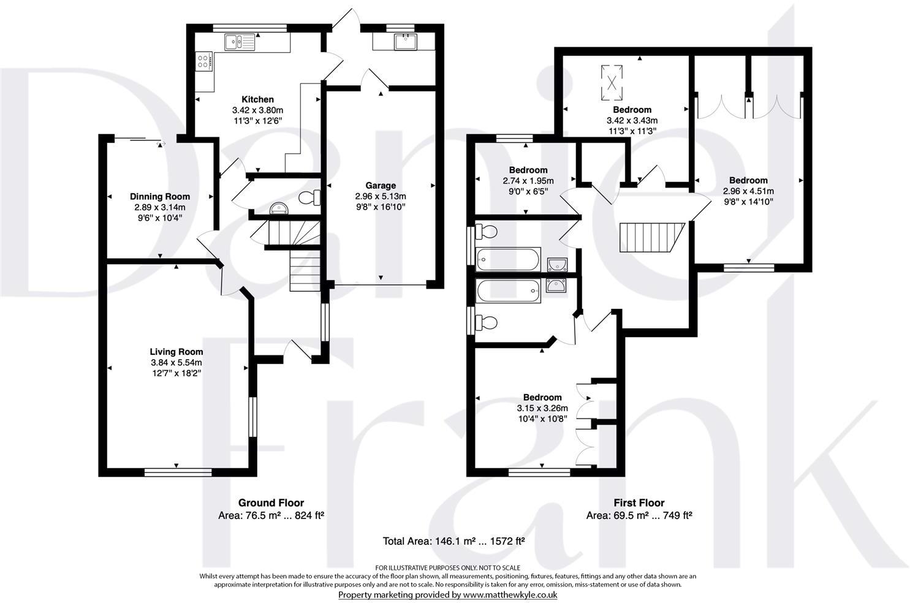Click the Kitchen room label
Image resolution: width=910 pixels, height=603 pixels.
pos(257,99)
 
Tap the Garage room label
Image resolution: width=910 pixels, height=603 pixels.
pos(381,186)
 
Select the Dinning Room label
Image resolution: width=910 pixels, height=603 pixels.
pos(160,197)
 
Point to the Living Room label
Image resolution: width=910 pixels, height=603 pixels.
pos(176,352)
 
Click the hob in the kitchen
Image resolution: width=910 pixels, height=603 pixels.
pos(203,61)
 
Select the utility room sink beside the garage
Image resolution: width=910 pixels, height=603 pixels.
pos(405,42)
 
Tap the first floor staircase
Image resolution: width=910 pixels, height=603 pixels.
pos(650,238)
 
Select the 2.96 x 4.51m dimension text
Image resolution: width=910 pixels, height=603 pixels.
pos(748,191)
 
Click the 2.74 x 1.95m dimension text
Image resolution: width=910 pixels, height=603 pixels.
pos(528,181)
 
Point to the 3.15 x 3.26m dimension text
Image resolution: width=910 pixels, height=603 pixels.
pos(542,408)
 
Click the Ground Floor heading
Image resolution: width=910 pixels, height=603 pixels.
pos(271,503)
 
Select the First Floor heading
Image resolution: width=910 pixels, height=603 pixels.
pos(639,503)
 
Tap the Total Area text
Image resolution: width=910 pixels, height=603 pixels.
pos(454,541)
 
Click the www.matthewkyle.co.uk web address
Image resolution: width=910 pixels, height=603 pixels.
pos(510,594)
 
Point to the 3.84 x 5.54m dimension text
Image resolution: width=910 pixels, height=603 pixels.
pos(176,362)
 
